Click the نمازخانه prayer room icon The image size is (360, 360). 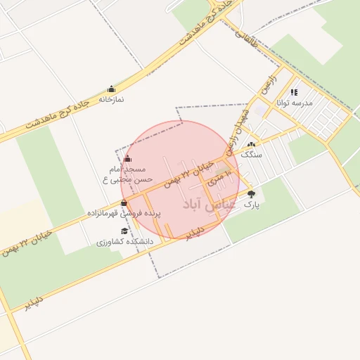tap(111, 89)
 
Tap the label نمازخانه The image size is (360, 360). tap(111, 100)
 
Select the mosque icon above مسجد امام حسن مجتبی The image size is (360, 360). tap(127, 159)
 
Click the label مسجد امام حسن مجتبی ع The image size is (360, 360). tap(127, 174)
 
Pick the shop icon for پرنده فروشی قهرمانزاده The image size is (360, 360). tap(124, 203)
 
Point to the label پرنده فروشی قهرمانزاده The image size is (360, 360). tap(124, 212)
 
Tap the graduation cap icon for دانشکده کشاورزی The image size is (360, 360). tap(124, 231)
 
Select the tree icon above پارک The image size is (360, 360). tap(251, 194)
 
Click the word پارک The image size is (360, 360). tap(251, 204)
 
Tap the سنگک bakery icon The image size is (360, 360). tap(251, 144)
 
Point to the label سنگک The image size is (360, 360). tap(251, 153)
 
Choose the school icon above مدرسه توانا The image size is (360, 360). tap(294, 92)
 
